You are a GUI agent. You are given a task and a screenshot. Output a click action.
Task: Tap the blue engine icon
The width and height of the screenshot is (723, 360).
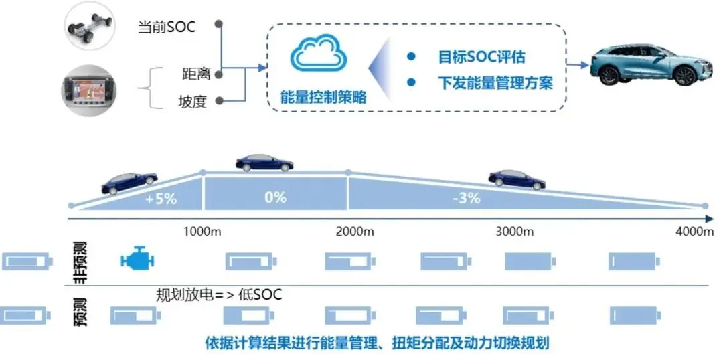pyautogui.click(x=137, y=260)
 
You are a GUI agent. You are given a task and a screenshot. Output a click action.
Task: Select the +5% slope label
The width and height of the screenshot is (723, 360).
pyautogui.click(x=161, y=199)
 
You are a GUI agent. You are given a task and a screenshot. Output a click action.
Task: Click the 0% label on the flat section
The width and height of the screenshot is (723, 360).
pyautogui.click(x=275, y=197)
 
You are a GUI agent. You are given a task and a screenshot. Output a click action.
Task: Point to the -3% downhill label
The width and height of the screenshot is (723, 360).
pyautogui.click(x=467, y=198)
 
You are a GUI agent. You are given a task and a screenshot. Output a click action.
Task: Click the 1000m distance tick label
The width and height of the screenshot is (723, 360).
pyautogui.click(x=202, y=231)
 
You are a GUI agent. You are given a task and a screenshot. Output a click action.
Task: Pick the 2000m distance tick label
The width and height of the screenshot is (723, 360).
pyautogui.click(x=355, y=231)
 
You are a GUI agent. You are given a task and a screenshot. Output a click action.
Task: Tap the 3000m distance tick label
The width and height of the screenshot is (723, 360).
pyautogui.click(x=515, y=231)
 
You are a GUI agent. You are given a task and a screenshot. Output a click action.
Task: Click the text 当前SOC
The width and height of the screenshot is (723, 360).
pyautogui.click(x=167, y=27)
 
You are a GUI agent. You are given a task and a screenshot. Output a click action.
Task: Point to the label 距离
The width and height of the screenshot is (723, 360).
pyautogui.click(x=196, y=74)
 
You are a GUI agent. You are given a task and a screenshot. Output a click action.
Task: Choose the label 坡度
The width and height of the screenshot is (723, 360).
pyautogui.click(x=193, y=101)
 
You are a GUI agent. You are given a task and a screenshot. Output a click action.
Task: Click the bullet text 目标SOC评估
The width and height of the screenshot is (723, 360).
pyautogui.click(x=481, y=57)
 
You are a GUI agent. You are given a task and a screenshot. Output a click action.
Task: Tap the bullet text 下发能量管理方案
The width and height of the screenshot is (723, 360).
pyautogui.click(x=495, y=83)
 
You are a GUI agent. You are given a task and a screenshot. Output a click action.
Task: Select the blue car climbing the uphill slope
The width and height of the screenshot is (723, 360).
pyautogui.click(x=130, y=183)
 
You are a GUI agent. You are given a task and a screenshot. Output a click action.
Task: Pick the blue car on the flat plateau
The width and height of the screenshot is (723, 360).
pyautogui.click(x=264, y=163)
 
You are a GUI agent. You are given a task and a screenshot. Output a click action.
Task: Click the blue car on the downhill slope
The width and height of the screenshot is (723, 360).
pyautogui.click(x=517, y=179)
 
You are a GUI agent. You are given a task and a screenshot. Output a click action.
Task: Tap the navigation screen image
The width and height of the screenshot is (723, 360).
pyautogui.click(x=88, y=90)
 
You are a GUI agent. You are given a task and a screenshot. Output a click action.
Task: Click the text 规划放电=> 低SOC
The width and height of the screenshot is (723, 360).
pyautogui.click(x=219, y=294)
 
